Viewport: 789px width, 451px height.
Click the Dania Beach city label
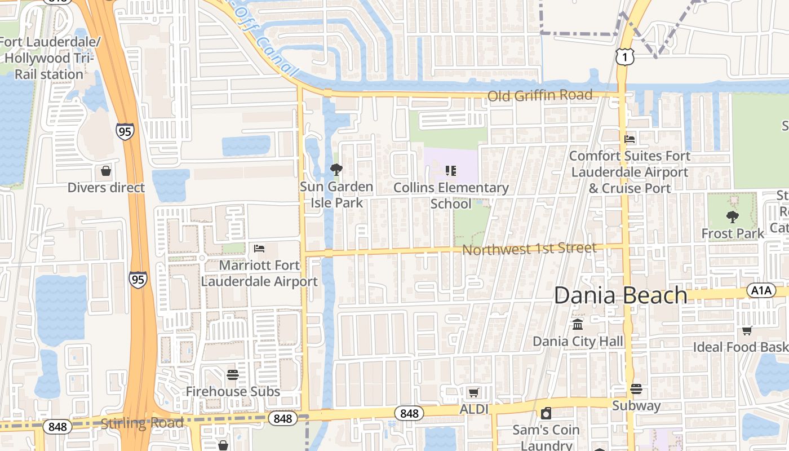tap(620, 295)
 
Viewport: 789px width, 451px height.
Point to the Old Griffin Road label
tap(540, 95)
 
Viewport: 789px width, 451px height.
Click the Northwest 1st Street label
tap(529, 249)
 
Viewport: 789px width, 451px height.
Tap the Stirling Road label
tap(142, 423)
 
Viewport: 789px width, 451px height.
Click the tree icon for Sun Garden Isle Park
tap(336, 169)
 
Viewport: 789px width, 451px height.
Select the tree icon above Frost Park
tap(732, 216)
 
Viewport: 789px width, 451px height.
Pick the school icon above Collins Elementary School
tap(450, 170)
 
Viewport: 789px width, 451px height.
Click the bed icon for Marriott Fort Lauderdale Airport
tap(259, 248)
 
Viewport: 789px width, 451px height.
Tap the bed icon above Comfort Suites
tap(630, 139)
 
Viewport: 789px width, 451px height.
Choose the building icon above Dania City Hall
tap(578, 325)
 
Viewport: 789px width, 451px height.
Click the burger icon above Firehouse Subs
tap(233, 375)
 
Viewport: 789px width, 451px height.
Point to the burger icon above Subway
tap(636, 388)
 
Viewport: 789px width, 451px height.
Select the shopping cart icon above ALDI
tap(473, 392)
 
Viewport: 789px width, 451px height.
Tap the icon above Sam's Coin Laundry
tap(546, 414)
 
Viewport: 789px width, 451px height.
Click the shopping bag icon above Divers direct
tap(106, 171)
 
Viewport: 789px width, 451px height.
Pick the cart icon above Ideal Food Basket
tap(747, 330)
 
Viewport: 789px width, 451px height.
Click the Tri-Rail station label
tap(50, 58)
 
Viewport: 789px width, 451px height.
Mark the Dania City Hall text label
tap(578, 341)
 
